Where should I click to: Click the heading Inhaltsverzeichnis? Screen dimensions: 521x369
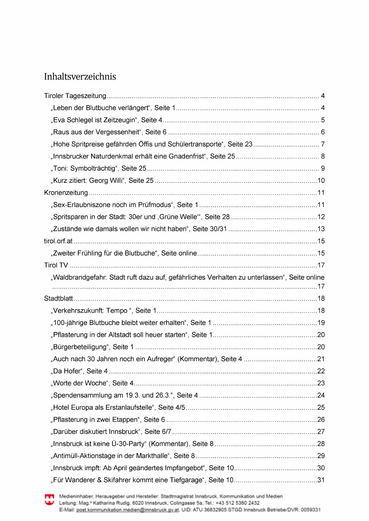80,77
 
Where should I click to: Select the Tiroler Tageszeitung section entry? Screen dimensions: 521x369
75,96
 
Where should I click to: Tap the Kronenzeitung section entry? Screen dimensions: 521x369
66,193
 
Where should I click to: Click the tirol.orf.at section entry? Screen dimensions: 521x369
58,241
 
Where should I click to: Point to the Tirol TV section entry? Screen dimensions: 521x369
56,265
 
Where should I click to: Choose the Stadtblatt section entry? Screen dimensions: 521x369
58,299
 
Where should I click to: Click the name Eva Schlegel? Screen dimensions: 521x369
73,120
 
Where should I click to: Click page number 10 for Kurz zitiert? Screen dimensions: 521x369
321,181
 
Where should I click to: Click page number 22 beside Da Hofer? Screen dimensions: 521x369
321,371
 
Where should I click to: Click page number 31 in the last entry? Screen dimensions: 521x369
321,480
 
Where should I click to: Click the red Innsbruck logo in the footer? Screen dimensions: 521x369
49,500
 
